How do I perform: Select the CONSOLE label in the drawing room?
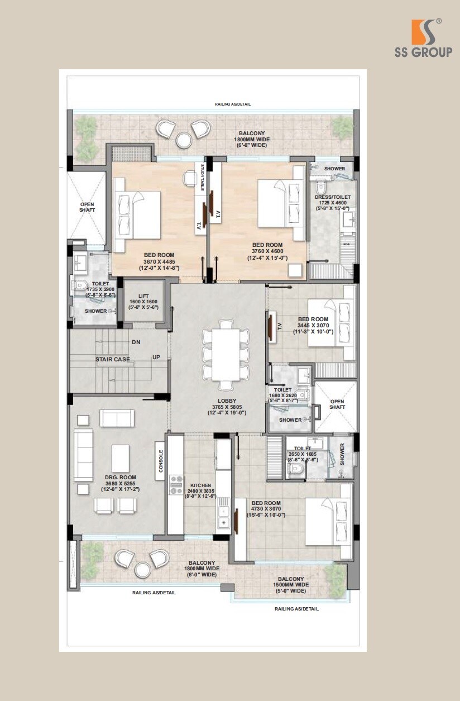161,461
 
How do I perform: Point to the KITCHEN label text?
200,485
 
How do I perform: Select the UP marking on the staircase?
157,357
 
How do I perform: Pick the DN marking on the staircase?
136,342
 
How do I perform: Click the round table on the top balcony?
183,140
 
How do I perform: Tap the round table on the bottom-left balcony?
142,569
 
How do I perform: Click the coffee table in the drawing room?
121,458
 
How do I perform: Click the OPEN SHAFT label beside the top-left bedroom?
87,207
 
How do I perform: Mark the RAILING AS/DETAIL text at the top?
233,104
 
